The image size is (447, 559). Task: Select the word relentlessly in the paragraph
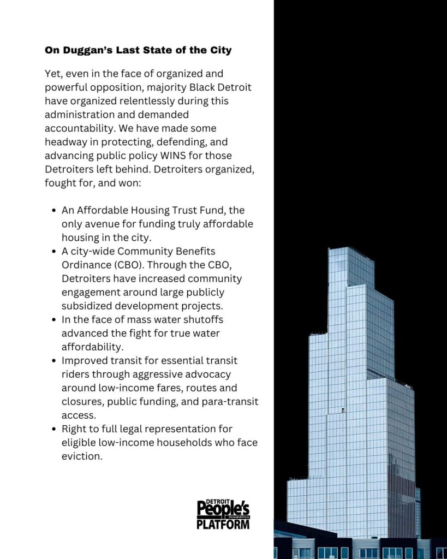pos(166,101)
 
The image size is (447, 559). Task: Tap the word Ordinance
pos(86,265)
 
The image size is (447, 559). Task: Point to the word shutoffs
pos(201,319)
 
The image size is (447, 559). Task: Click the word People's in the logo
pos(223,510)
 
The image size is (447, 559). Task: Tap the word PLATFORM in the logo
pos(223,524)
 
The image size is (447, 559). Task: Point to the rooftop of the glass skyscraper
pos(345,250)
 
